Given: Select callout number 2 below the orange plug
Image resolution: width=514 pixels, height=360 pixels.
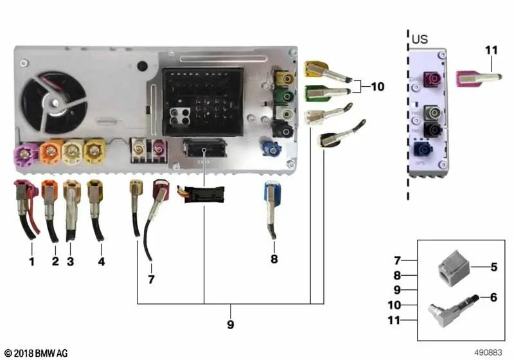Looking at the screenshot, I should (55, 262).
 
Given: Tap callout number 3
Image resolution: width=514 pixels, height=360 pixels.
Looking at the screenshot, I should (71, 262).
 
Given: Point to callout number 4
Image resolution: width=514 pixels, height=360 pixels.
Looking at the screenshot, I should (101, 262).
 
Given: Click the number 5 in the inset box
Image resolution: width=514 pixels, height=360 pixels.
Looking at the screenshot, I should (493, 265).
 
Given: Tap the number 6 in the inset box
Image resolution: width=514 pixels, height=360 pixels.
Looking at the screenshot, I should (493, 298).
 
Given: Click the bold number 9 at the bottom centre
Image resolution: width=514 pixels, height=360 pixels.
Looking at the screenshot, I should (231, 325).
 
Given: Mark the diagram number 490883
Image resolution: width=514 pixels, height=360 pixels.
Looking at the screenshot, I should (489, 352).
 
